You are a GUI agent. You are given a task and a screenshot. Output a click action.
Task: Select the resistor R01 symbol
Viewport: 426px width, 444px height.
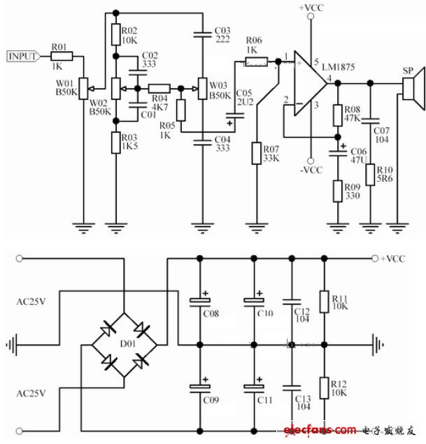(x=62, y=55)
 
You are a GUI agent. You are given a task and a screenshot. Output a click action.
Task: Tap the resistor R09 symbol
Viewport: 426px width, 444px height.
(x=338, y=190)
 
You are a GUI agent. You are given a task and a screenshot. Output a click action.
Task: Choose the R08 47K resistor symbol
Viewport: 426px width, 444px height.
(x=338, y=114)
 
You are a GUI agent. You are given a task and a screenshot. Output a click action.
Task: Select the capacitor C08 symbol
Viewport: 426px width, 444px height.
(x=199, y=302)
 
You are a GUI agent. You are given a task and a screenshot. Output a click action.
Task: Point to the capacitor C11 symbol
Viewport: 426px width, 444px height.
(x=253, y=387)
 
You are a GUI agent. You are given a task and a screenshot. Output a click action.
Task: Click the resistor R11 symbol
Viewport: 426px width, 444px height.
(x=323, y=301)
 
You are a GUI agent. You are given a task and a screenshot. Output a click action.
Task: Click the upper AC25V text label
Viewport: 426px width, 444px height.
(x=31, y=302)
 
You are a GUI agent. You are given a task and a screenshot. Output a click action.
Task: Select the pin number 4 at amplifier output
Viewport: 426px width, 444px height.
(x=329, y=76)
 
